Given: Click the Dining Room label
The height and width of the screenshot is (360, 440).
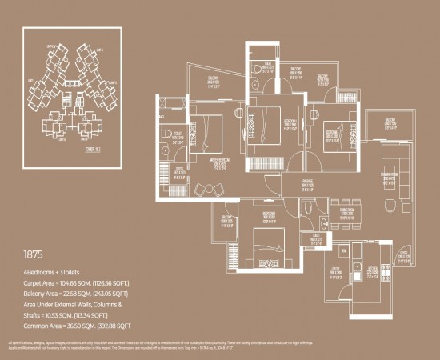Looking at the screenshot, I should [346, 212].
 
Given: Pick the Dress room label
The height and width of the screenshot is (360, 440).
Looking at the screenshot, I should [181, 171].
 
